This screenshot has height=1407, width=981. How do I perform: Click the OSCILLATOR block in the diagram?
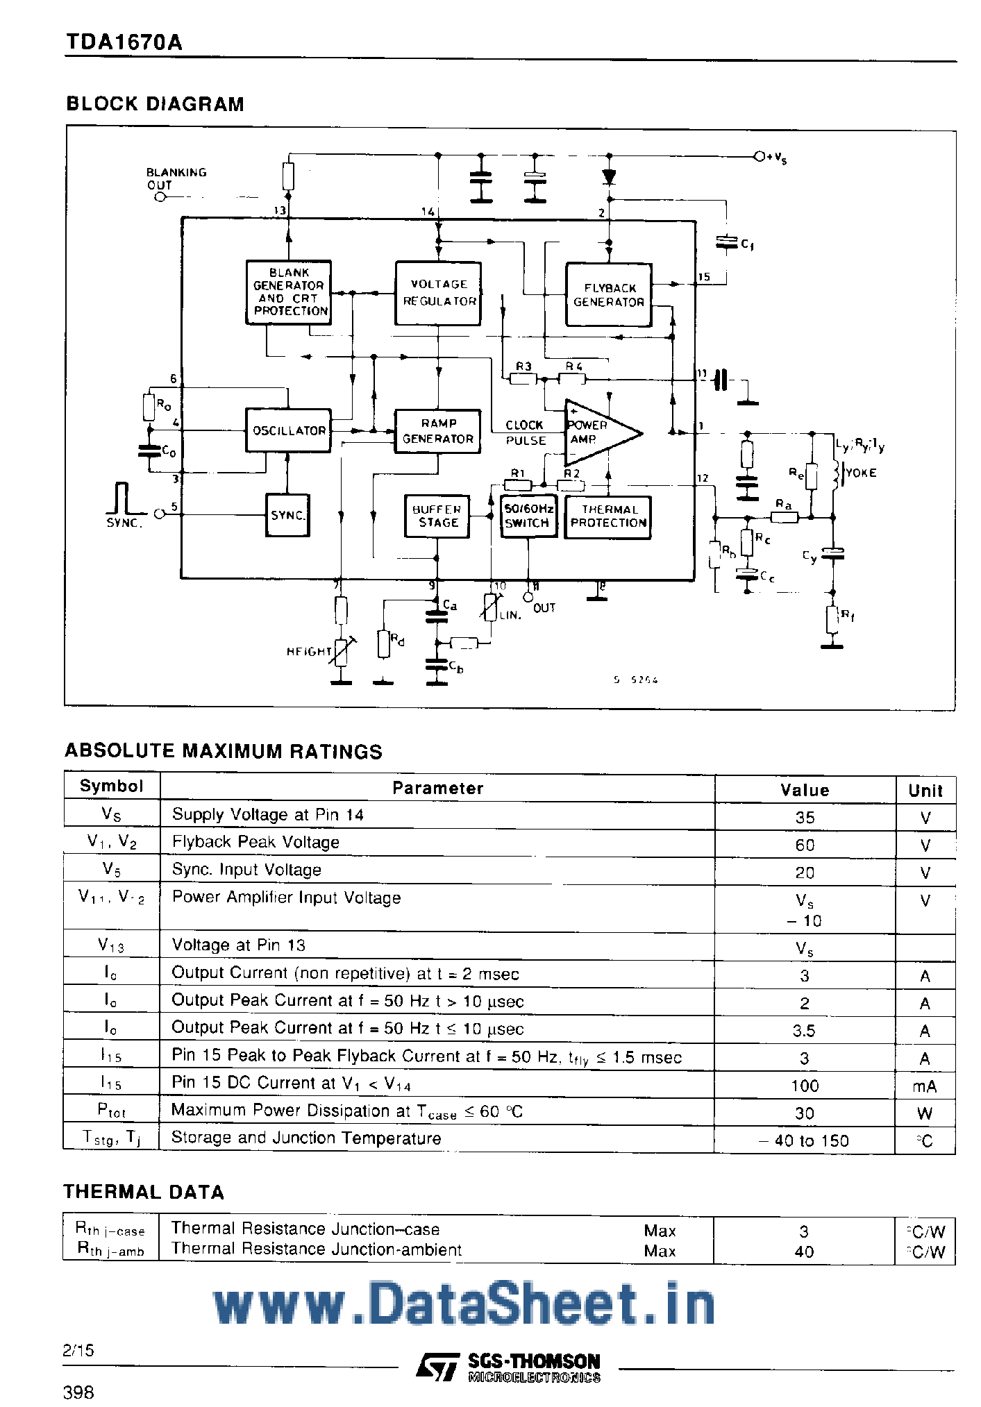pyautogui.click(x=288, y=430)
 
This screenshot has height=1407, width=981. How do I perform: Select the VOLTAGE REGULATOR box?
pyautogui.click(x=438, y=293)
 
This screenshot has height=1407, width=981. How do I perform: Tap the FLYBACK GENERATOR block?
pyautogui.click(x=608, y=295)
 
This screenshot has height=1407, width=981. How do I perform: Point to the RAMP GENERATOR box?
pyautogui.click(x=437, y=431)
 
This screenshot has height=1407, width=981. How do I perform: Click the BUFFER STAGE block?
pyautogui.click(x=437, y=516)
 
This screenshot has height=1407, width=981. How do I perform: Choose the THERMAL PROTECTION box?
pyautogui.click(x=608, y=516)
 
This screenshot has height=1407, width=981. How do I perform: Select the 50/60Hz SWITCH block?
pyautogui.click(x=528, y=516)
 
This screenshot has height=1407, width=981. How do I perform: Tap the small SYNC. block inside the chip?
pyautogui.click(x=287, y=515)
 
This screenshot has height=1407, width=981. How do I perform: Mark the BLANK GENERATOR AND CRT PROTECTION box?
pyautogui.click(x=288, y=292)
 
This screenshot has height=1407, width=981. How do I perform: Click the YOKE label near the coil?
pyautogui.click(x=861, y=473)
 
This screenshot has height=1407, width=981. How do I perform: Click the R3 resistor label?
pyautogui.click(x=523, y=367)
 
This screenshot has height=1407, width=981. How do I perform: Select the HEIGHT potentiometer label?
pyautogui.click(x=310, y=651)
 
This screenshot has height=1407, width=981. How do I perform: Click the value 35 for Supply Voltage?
pyautogui.click(x=805, y=817)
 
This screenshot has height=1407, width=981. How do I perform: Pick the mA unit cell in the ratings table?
pyautogui.click(x=925, y=1086)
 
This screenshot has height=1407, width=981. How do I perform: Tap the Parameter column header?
pyautogui.click(x=437, y=788)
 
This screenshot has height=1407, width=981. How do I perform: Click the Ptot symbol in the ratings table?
pyautogui.click(x=111, y=1111)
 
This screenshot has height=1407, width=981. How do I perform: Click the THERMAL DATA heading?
pyautogui.click(x=144, y=1192)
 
